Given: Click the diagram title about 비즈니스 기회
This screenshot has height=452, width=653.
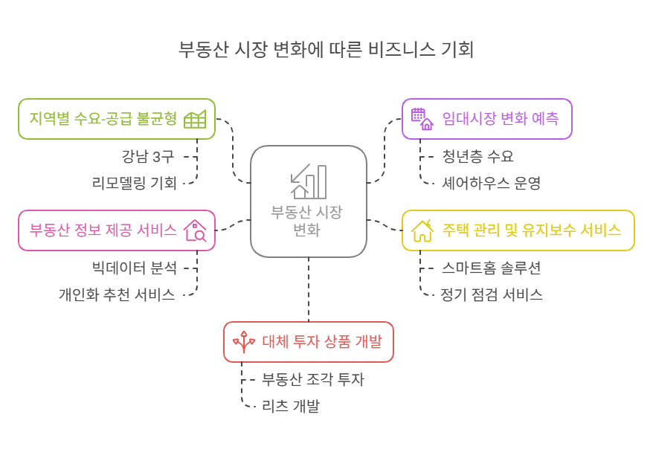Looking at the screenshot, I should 326,50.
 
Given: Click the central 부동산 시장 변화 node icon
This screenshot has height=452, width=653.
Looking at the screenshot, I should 309,181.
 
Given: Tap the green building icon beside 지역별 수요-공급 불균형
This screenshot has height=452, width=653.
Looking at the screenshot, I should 195,119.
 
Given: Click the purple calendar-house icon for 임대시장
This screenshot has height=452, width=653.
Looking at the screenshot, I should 422,119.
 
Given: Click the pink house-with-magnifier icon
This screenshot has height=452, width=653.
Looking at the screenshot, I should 195,230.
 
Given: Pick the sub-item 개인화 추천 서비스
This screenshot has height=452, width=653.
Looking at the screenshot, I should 117,294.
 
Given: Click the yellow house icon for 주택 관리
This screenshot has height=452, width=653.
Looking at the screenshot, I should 422,230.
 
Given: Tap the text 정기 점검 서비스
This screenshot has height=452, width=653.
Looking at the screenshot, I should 492,294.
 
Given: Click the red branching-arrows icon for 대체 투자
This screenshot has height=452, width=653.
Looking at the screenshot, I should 244,342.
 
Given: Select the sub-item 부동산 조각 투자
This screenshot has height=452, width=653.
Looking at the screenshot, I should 313,379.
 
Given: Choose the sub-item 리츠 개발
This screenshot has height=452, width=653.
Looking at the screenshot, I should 291,406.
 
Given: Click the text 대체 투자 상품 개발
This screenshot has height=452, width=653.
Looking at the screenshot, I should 322,342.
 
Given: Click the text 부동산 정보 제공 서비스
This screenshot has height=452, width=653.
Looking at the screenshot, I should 103,230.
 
